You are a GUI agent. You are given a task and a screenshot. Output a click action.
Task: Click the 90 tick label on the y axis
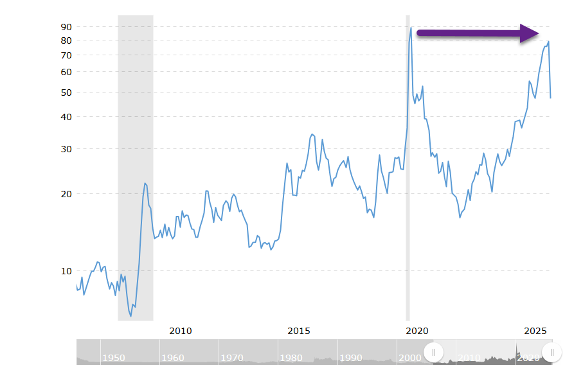pos(66,27)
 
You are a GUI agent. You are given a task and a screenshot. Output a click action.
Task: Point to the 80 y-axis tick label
pos(66,40)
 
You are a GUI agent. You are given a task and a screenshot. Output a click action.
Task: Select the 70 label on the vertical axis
pos(66,55)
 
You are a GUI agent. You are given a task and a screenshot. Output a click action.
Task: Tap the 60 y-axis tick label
pos(66,72)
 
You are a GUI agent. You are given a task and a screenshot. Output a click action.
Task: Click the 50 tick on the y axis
pos(66,93)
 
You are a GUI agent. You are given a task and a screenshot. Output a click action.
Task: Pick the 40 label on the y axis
pos(66,117)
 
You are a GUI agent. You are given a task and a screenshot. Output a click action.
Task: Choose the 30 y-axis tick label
pos(66,149)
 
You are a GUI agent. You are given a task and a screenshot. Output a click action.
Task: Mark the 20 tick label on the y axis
pos(66,194)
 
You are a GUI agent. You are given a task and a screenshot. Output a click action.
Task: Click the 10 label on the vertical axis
pos(66,271)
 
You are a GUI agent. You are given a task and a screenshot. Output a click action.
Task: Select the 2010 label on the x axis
pos(181,331)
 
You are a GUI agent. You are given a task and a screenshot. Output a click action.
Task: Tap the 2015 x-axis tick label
pos(299,331)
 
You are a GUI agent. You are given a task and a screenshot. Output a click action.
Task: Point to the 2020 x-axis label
pos(417,331)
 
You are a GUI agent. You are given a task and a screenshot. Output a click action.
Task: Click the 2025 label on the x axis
pos(535,331)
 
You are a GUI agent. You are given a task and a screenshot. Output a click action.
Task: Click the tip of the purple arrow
pos(539,33)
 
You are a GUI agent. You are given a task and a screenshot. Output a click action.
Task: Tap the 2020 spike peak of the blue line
pos(411,28)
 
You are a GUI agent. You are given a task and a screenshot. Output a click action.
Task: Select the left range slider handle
pos(434,352)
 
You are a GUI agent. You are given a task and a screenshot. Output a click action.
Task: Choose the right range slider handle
pos(552,352)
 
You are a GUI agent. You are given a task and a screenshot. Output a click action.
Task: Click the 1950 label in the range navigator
pos(114,358)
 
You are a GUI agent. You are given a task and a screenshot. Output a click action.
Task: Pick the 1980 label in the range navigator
pos(291,358)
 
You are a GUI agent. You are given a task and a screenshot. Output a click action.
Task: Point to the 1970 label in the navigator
pos(232,358)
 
